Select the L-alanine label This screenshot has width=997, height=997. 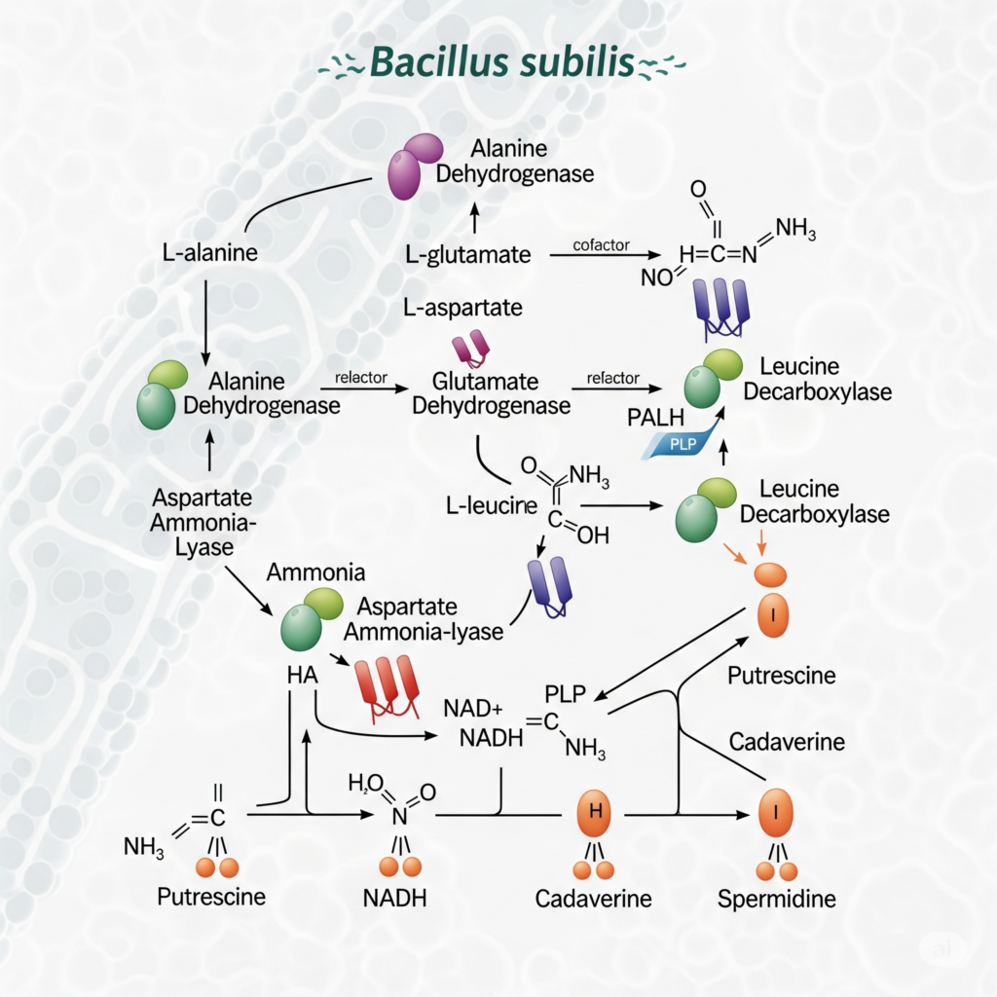pos(209,255)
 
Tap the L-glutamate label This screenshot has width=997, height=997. pos(468,255)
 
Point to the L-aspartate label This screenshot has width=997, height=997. pos(462,308)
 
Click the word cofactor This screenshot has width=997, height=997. pos(602,244)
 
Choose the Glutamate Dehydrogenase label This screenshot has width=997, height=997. pos(491,392)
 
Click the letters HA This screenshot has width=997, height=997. pos(304,673)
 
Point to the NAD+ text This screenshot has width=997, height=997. pos(477,707)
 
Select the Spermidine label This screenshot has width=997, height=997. pos(776,898)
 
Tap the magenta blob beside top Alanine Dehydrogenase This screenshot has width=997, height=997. pos(413,166)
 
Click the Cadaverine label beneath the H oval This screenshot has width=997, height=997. pos(592,898)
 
